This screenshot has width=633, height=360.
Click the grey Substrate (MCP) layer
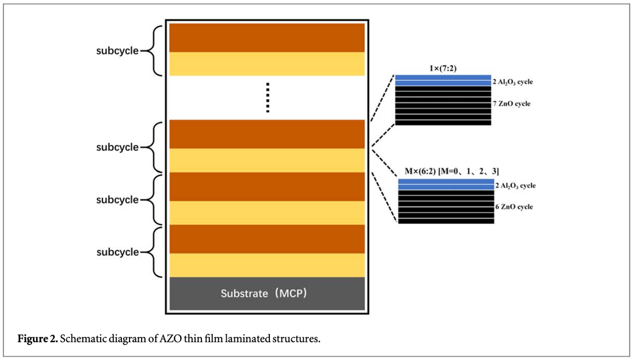(x=267, y=293)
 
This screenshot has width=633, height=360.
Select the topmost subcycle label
(x=117, y=51)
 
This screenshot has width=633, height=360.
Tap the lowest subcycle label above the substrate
(x=117, y=252)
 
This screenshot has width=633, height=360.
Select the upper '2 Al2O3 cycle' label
(x=513, y=82)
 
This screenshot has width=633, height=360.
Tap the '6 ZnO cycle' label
(x=514, y=206)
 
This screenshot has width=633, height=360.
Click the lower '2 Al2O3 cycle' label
(x=515, y=186)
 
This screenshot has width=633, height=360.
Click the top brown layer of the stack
(x=267, y=37)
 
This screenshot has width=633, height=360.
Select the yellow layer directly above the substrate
(x=267, y=265)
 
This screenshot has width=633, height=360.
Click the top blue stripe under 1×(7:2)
(x=443, y=77)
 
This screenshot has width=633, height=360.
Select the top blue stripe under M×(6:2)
(x=446, y=181)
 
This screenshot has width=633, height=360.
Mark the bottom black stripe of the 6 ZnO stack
(x=446, y=221)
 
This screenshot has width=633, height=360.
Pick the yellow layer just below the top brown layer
(x=267, y=64)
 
